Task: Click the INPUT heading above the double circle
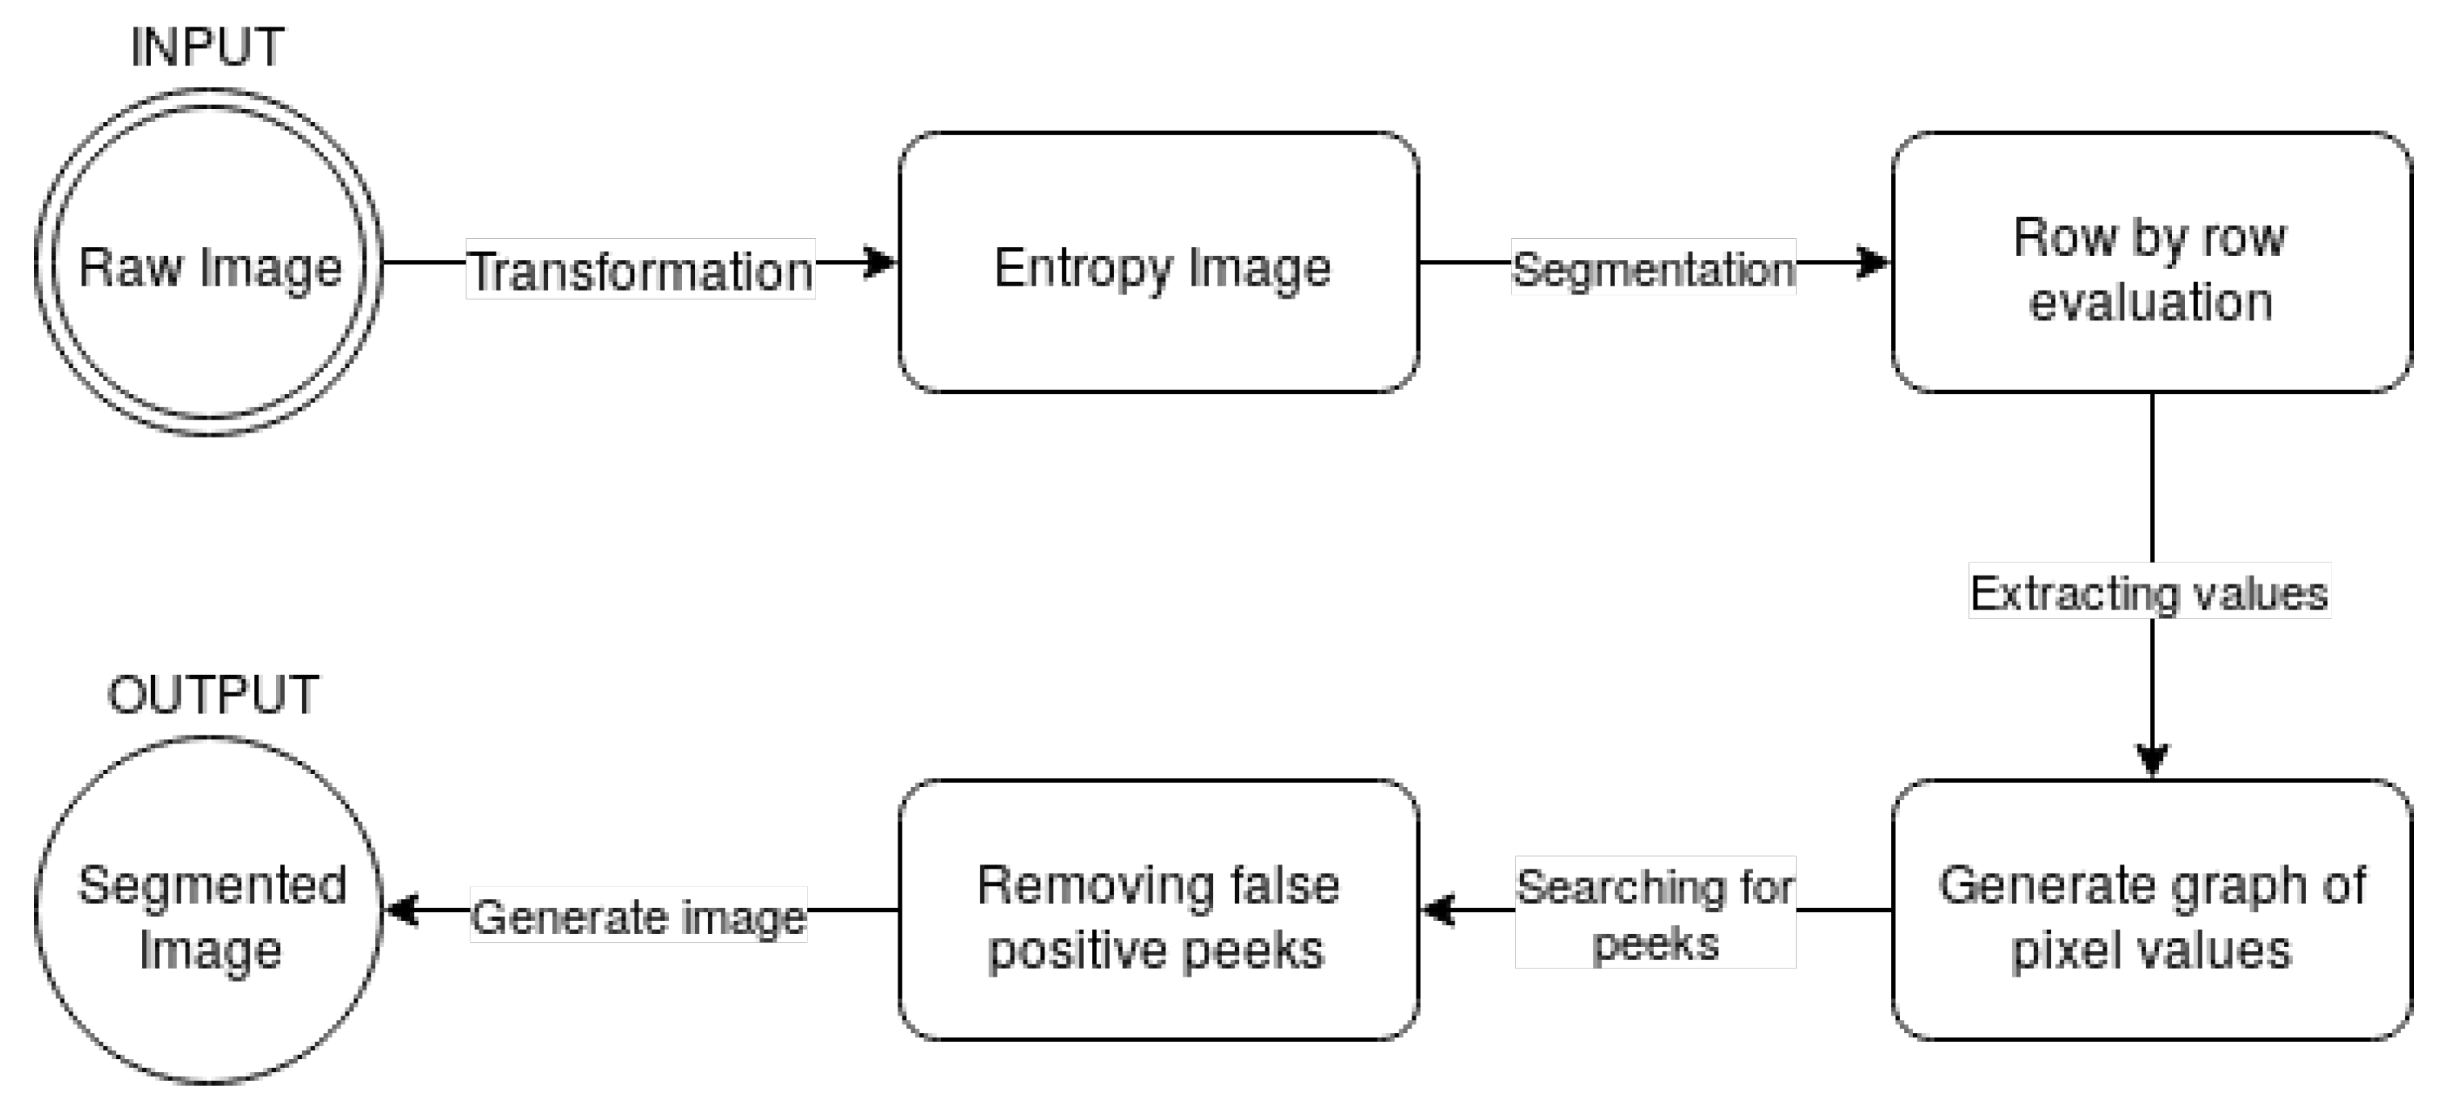click(207, 48)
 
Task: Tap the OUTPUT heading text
click(213, 695)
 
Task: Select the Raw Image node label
click(210, 267)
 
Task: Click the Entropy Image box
click(1158, 262)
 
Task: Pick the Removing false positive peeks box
click(1158, 910)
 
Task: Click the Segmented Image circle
click(209, 910)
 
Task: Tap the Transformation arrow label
click(641, 270)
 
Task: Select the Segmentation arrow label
click(1653, 268)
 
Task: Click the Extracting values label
click(2149, 592)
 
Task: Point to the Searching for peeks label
click(1655, 913)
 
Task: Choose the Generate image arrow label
click(638, 916)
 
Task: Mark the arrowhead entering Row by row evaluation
click(1875, 262)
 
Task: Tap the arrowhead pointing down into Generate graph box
click(2152, 760)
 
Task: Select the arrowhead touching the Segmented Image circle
click(402, 910)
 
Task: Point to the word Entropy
click(1082, 268)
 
